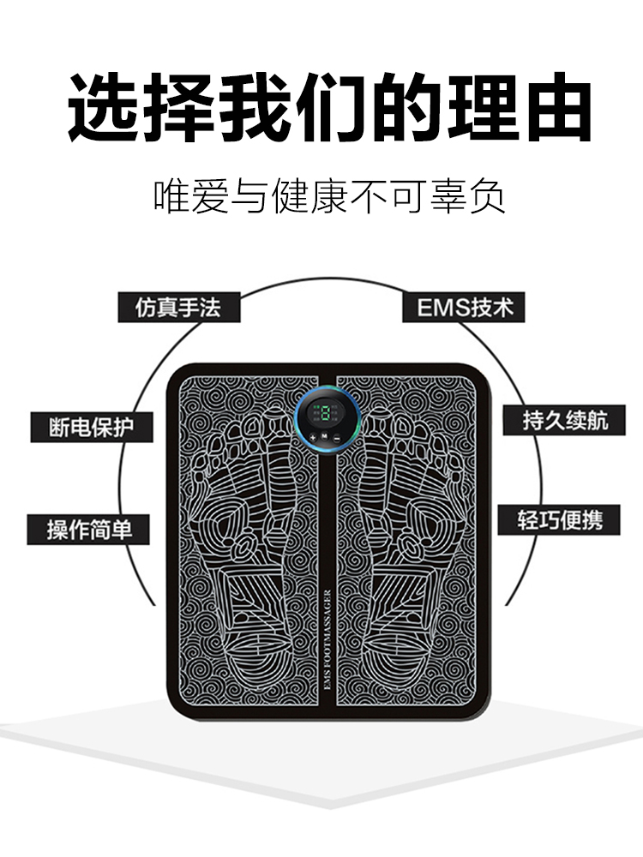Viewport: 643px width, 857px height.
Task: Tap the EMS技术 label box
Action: pos(464,307)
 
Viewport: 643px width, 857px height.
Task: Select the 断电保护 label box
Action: pos(92,427)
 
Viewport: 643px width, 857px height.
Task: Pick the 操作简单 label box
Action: pos(90,528)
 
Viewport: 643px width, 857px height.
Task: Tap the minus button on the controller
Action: pos(337,440)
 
